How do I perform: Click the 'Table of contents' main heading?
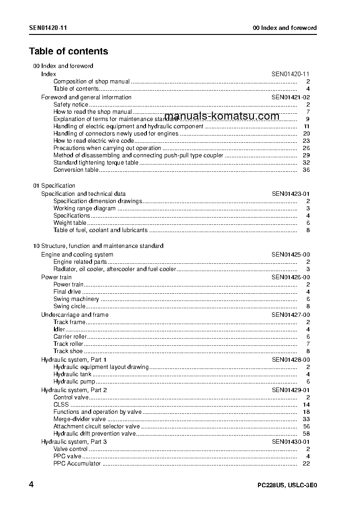coord(68,51)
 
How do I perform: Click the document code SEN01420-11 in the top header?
coord(49,28)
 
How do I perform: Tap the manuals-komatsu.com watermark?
coord(222,116)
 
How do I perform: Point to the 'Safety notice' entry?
coord(71,105)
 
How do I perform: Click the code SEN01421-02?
coord(291,97)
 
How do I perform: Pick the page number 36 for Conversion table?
coord(306,170)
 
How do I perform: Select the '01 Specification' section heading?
coord(54,186)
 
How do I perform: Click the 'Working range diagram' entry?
coord(84,208)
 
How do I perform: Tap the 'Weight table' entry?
coord(70,223)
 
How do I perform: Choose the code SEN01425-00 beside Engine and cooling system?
coord(291,255)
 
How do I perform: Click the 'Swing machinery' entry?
coord(76,299)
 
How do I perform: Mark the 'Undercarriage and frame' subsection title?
coord(75,315)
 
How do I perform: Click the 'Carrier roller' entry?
coord(70,337)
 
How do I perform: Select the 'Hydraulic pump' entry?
coord(74,382)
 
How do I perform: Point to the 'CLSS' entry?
coord(61,405)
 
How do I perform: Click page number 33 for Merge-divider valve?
coord(306,419)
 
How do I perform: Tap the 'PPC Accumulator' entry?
coord(77,464)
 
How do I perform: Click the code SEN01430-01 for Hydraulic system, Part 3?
coord(291,442)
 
